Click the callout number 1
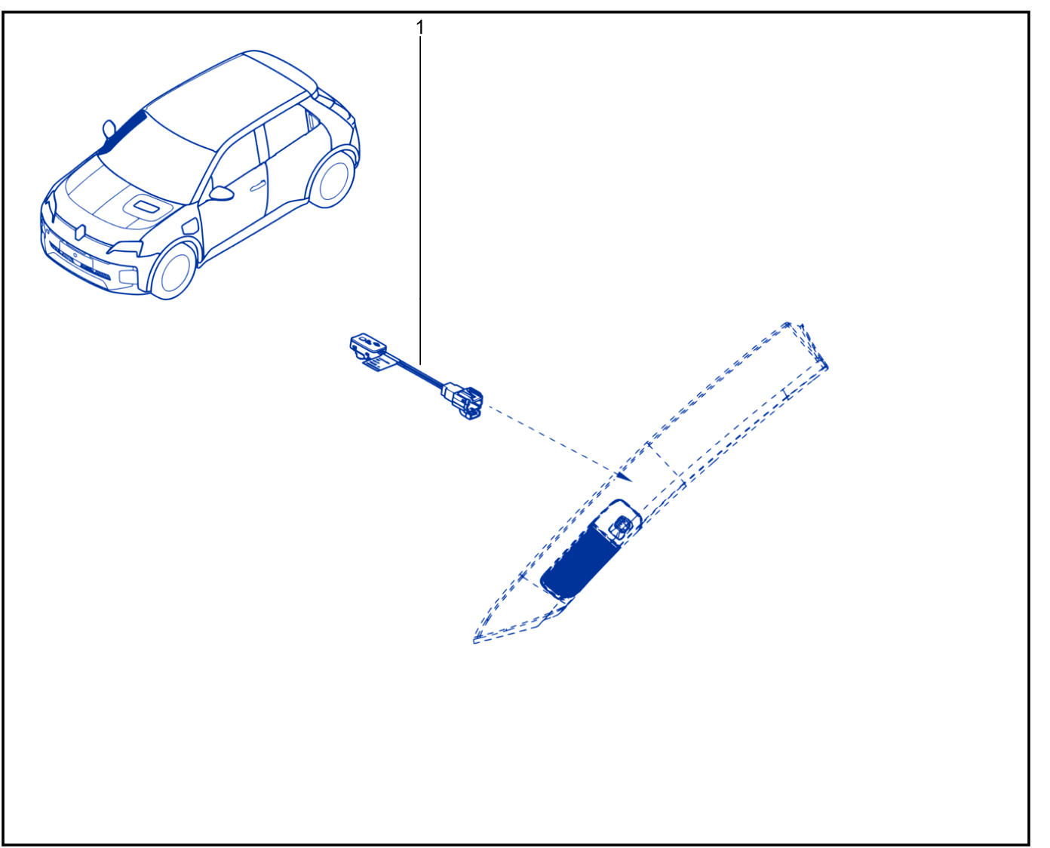419,28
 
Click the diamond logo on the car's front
81,232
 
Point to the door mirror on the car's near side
221,193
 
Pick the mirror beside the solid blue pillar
109,129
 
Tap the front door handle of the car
257,186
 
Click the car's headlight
126,247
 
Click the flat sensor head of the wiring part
367,343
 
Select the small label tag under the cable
380,364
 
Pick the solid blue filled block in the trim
580,561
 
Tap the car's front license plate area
75,254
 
